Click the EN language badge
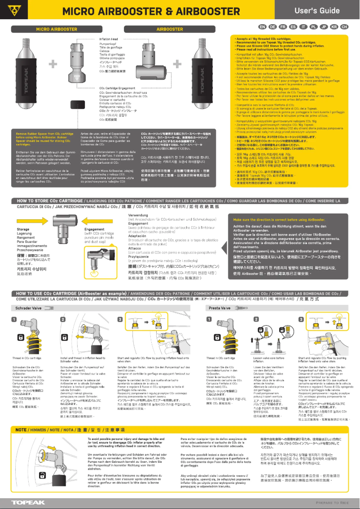[263, 27]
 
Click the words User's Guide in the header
[323, 10]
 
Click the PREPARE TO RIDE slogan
[332, 503]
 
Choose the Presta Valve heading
[220, 309]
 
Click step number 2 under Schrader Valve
[63, 319]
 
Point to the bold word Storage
[23, 230]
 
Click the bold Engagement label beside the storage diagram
[95, 230]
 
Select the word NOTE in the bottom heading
[22, 430]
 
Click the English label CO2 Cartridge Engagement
[117, 88]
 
